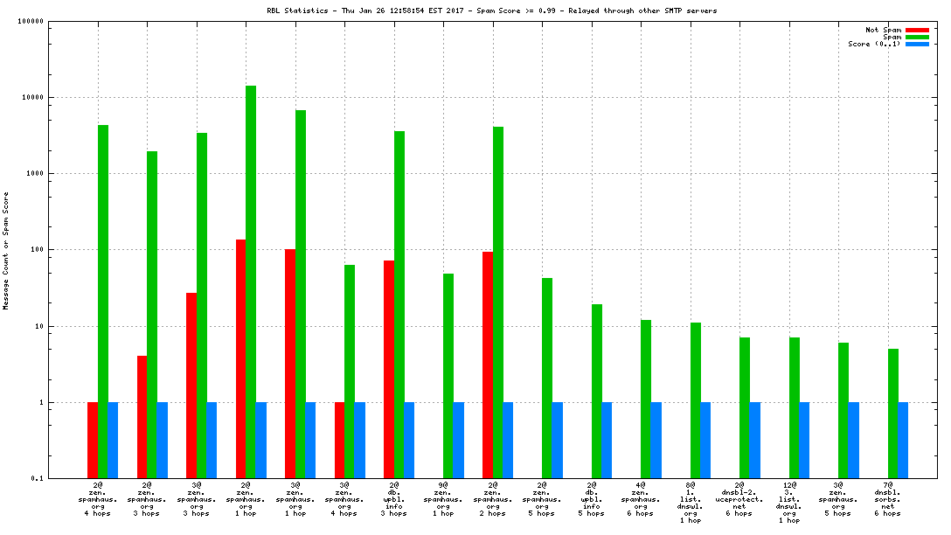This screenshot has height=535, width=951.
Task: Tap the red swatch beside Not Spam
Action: [917, 30]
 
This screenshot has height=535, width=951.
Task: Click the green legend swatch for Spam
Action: [917, 37]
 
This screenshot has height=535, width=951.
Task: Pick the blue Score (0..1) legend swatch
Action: [917, 44]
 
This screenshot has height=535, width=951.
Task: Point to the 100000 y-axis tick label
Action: [31, 21]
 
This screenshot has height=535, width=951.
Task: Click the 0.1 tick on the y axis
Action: [38, 478]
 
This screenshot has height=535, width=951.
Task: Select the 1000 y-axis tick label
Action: [34, 173]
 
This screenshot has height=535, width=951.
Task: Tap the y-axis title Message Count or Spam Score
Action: [6, 250]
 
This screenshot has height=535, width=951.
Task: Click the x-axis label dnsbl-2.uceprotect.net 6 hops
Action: [739, 498]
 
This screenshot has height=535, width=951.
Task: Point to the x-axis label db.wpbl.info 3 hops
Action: [394, 498]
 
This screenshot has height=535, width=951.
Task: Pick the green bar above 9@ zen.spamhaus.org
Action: [448, 376]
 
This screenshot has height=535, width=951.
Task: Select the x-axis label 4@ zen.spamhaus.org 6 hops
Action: [641, 498]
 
